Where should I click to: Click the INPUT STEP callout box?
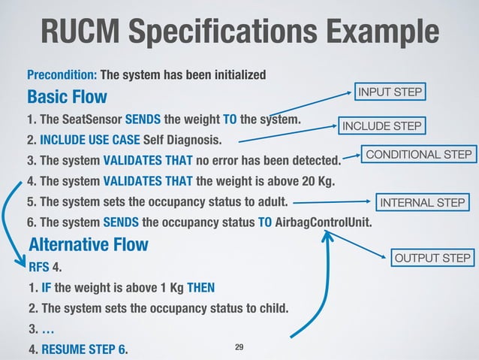pos(390,92)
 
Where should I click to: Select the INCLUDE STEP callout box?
pos(381,125)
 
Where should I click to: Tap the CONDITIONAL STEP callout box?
pos(417,155)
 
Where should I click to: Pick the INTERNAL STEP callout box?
pos(423,202)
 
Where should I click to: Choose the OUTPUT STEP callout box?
pos(432,259)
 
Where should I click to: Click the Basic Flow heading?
pos(68,98)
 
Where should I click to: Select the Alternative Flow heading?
pos(88,244)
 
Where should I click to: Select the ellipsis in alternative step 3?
pos(48,329)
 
